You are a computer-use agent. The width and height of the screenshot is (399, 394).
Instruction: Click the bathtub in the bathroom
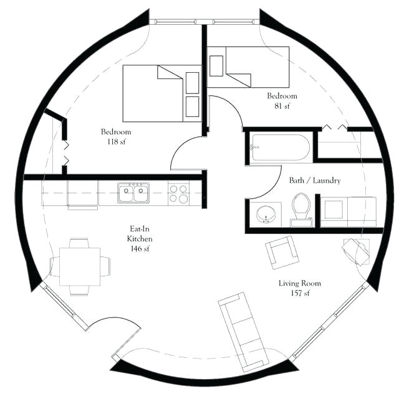[x=281, y=148]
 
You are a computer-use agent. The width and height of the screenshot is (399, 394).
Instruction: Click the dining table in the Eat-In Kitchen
[x=79, y=266]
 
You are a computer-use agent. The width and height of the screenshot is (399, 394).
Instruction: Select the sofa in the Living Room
[x=243, y=332]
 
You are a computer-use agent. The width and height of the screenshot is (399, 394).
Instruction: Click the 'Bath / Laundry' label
[x=314, y=181]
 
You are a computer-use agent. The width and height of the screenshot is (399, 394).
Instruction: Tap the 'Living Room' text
[x=299, y=283]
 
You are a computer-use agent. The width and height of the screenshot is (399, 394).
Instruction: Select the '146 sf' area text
[x=140, y=249]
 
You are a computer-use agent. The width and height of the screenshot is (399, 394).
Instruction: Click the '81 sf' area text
[x=282, y=106]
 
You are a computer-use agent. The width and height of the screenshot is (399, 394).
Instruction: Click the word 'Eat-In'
[x=140, y=228]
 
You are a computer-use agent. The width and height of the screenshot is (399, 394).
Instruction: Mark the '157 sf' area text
[x=299, y=293]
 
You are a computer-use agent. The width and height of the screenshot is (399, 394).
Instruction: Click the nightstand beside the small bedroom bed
[x=216, y=65]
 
